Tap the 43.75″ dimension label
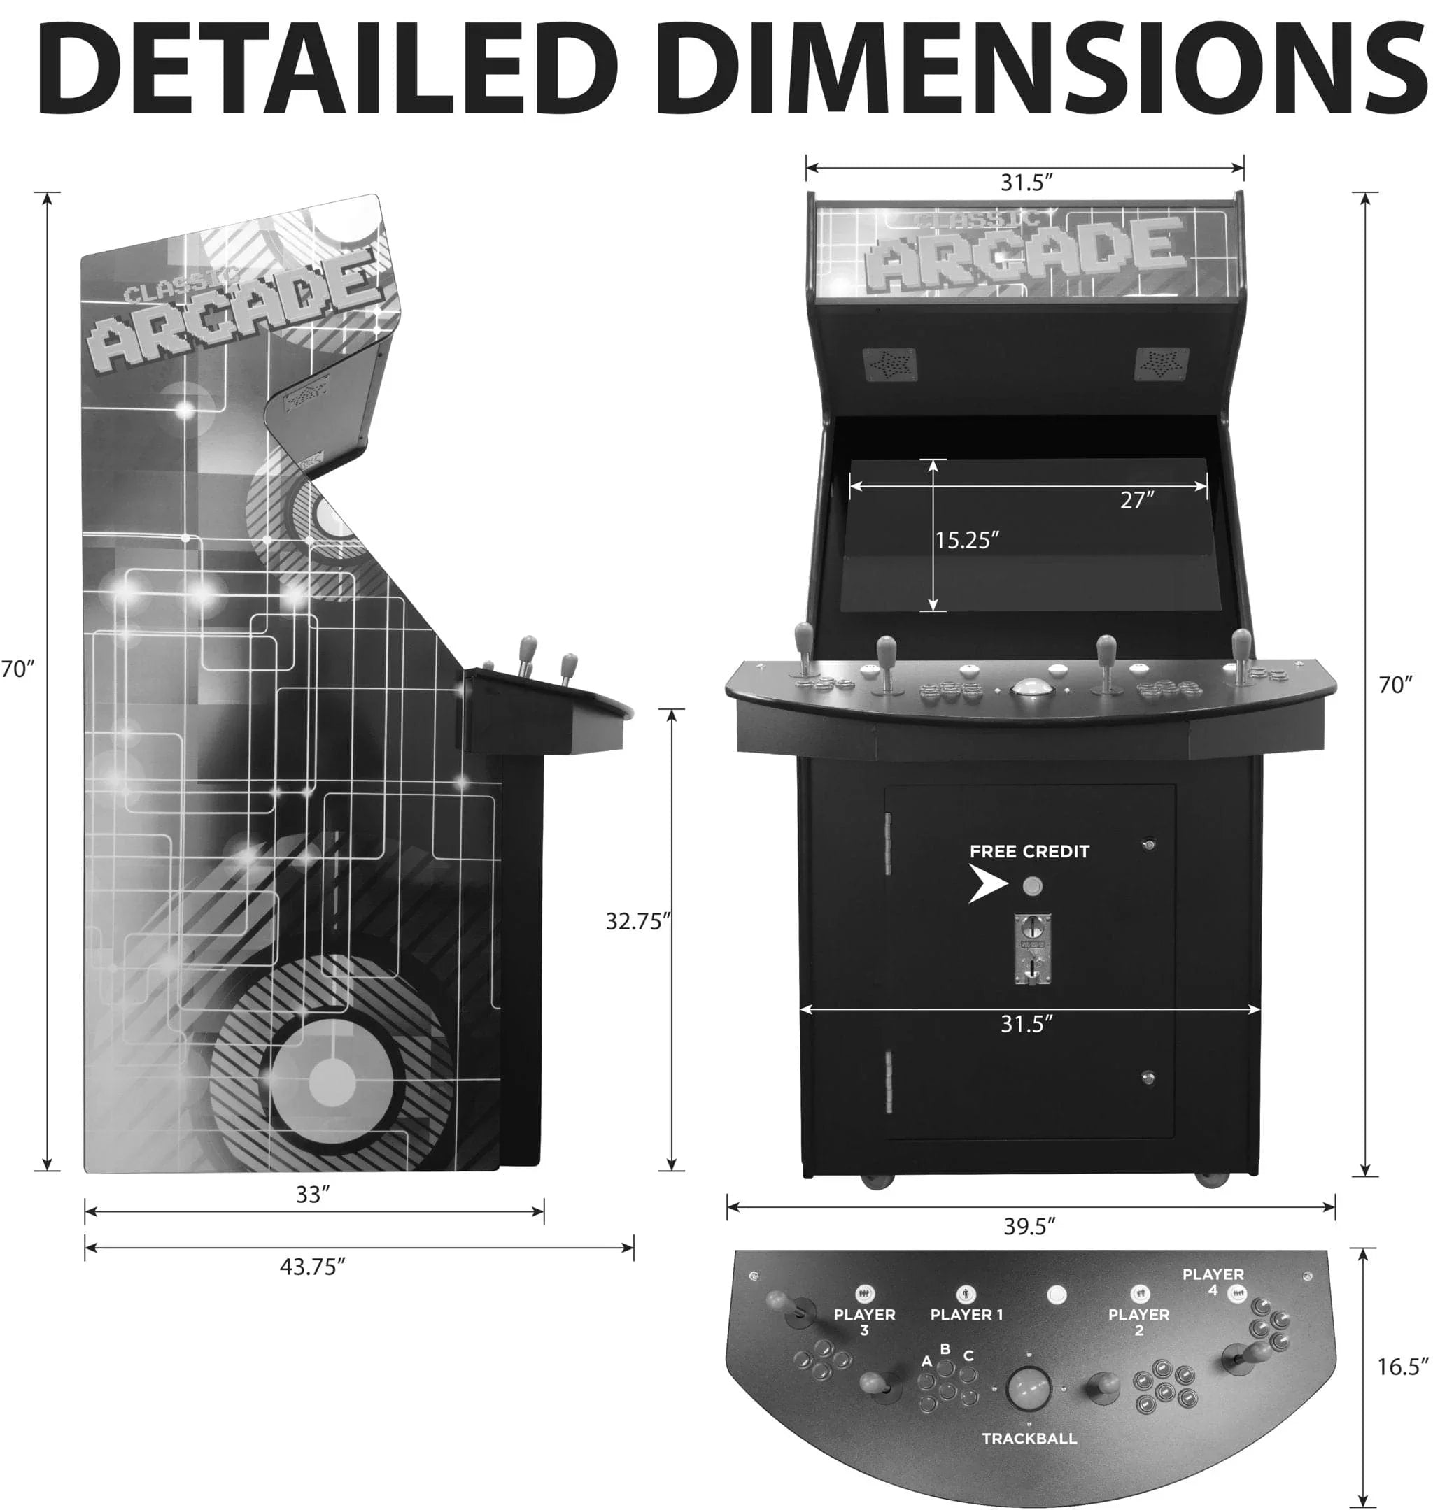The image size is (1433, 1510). click(312, 1267)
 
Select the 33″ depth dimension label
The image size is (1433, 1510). click(312, 1195)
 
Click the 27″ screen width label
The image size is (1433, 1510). click(1136, 500)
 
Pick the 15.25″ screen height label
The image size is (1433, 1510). click(967, 541)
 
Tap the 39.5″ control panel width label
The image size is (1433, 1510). click(1029, 1227)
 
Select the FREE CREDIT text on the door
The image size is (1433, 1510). click(1029, 852)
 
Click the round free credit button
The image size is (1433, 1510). click(1032, 886)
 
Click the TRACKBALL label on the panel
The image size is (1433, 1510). click(1029, 1438)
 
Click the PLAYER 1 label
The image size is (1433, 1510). click(966, 1315)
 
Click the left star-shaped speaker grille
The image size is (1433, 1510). click(889, 364)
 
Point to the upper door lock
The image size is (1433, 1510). click(1148, 845)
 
